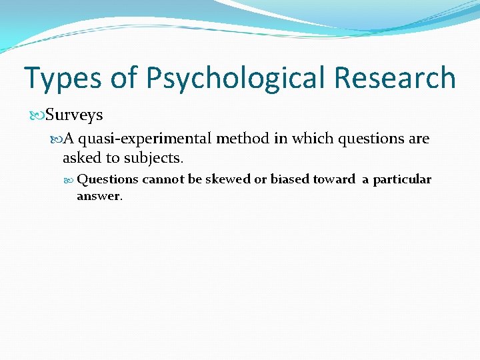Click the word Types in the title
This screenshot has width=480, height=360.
coord(62,78)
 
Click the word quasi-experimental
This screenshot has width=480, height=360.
coord(145,139)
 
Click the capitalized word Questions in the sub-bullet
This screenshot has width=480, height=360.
coord(107,179)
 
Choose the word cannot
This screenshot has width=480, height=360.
coord(164,179)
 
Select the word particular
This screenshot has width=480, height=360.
coord(402,180)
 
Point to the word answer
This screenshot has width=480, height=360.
coord(99,196)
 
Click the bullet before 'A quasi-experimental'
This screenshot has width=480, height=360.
coord(56,139)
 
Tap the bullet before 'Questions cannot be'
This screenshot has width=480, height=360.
coord(70,179)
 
